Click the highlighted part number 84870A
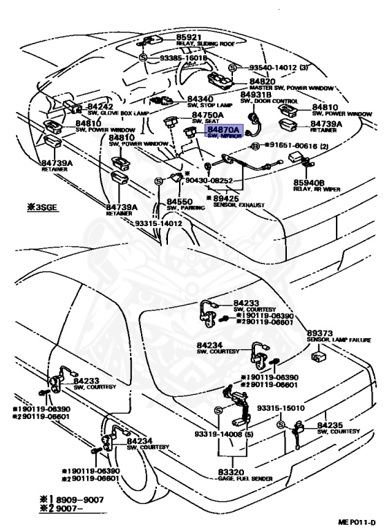tap(223, 129)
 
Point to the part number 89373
tap(322, 333)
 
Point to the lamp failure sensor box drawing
tap(319, 357)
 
